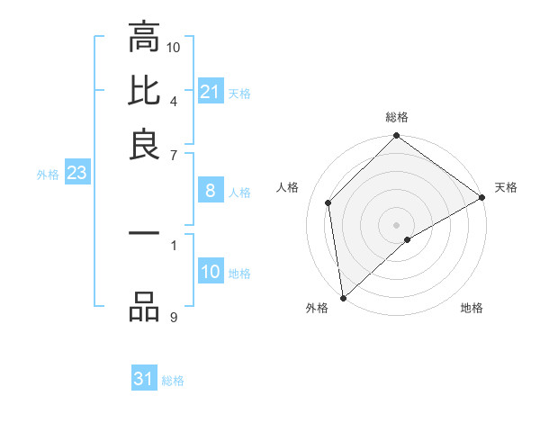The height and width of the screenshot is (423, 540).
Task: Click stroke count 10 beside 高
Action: click(174, 46)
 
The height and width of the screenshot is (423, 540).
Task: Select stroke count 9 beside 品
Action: click(174, 317)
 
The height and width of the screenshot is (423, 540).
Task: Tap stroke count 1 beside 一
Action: click(174, 244)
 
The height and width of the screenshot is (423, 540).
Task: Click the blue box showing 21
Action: click(210, 92)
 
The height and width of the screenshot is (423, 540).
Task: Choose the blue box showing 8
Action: click(210, 191)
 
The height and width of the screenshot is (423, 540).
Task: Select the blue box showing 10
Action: click(210, 272)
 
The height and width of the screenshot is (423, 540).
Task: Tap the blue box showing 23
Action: click(76, 174)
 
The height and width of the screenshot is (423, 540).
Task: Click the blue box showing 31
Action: click(144, 379)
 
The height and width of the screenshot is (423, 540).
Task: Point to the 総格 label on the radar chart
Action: click(397, 117)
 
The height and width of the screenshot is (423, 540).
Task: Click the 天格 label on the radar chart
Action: click(506, 187)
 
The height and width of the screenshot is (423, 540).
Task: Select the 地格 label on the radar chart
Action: click(472, 309)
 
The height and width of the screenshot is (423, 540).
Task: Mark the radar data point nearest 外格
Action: click(342, 298)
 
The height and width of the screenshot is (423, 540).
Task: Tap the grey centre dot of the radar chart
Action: click(397, 224)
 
